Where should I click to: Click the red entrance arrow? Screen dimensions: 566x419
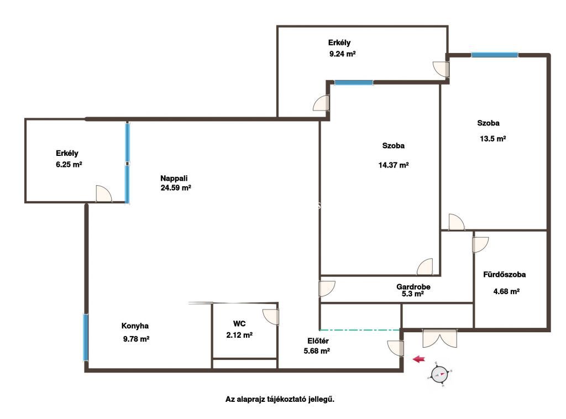click(x=419, y=359)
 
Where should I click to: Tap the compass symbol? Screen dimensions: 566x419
click(x=439, y=374)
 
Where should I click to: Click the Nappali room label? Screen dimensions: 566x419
click(x=174, y=179)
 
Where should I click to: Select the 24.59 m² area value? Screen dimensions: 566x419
click(x=176, y=188)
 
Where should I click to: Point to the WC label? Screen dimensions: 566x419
click(x=239, y=324)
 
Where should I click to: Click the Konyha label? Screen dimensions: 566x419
click(x=135, y=326)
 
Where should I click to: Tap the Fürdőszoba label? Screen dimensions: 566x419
click(x=504, y=275)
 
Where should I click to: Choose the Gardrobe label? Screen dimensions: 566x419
click(x=413, y=287)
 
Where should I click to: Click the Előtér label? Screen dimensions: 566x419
click(x=318, y=341)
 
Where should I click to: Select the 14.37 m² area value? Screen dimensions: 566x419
click(x=394, y=165)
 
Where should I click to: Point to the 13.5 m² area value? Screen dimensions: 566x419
click(x=492, y=139)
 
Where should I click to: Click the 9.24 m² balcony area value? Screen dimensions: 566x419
click(x=343, y=54)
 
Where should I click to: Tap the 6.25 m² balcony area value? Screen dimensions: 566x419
click(x=69, y=165)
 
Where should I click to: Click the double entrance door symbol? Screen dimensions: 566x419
click(x=439, y=338)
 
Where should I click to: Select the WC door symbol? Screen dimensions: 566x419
click(x=271, y=317)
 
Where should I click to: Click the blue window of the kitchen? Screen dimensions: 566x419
click(x=86, y=337)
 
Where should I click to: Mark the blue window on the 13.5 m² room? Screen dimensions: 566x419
click(x=495, y=55)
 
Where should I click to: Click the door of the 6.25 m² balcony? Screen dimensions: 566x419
click(x=104, y=194)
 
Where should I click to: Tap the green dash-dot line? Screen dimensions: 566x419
click(x=360, y=330)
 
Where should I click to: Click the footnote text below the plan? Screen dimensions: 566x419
click(x=280, y=399)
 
